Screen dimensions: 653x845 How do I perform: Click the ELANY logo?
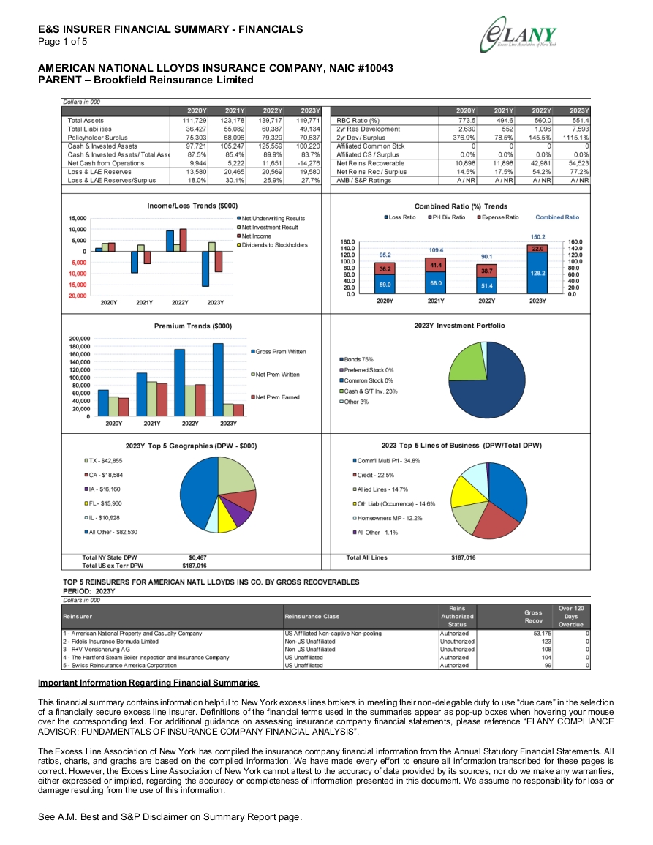coord(518,34)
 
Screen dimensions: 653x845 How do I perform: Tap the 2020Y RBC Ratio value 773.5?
coord(466,121)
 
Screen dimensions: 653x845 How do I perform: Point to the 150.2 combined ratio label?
coord(537,237)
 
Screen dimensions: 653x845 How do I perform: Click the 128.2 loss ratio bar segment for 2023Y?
coord(537,273)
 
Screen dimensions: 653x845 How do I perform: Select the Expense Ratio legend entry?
coord(498,217)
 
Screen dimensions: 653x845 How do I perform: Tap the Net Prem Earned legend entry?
coord(276,397)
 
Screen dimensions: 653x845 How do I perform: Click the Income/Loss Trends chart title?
coord(192,206)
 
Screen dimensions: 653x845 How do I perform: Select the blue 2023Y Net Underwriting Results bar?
coord(205,268)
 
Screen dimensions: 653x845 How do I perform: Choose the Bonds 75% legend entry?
coord(356,359)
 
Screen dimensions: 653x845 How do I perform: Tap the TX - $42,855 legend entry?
coord(103,461)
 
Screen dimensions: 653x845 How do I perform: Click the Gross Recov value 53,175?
coord(542,634)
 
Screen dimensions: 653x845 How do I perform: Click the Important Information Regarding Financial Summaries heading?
coord(148,683)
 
